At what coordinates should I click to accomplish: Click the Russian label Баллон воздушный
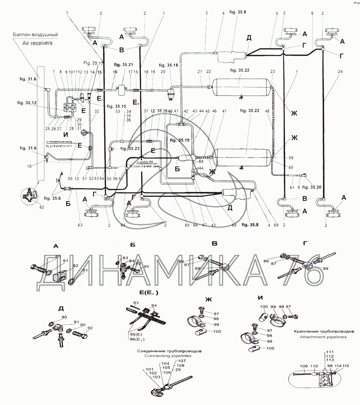click(36, 35)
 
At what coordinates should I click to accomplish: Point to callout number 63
click(80, 225)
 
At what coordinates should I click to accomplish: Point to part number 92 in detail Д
click(90, 327)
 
